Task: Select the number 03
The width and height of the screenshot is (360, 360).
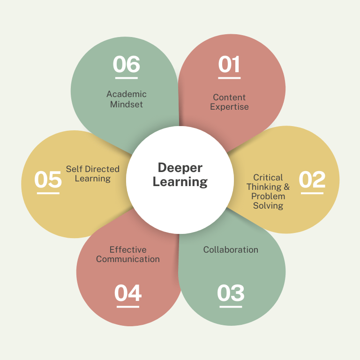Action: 231,293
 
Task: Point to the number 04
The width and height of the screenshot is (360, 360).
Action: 128,293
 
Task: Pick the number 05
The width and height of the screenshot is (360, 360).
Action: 48,180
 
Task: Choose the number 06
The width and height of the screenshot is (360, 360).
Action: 127,64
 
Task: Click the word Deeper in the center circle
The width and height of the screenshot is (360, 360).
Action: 180,168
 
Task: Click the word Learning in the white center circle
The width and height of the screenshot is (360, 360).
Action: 180,182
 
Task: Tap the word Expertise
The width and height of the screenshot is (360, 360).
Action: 229,107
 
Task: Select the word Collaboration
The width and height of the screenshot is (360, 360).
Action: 231,250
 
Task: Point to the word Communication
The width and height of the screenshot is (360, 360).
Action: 128,259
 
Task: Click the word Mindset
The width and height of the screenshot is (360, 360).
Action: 127,104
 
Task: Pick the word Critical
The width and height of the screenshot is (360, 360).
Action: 268,178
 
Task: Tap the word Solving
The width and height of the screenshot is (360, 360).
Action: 268,206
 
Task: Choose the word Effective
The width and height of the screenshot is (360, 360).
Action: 128,250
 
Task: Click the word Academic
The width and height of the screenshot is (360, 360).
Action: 127,95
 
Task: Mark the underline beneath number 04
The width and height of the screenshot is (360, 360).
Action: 128,307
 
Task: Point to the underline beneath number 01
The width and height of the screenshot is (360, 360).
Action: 229,78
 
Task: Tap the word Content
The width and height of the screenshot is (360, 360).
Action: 229,97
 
